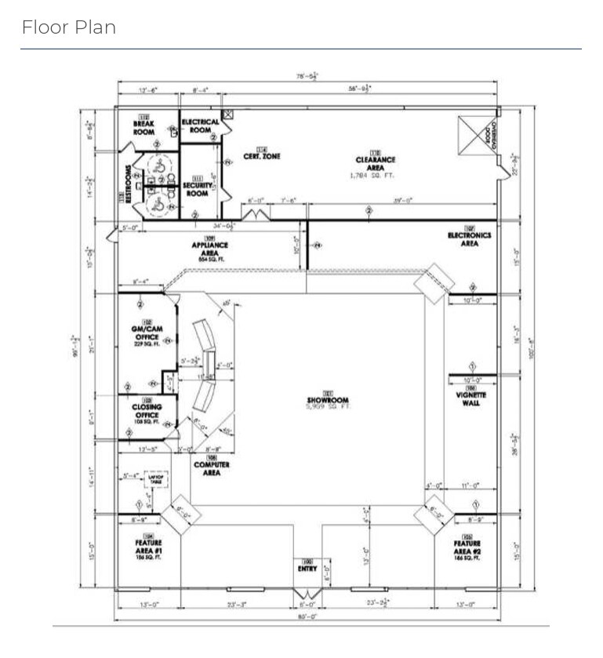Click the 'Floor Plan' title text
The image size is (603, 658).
[69, 27]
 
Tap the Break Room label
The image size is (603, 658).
[143, 127]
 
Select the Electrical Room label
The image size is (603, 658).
[200, 125]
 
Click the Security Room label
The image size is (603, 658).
[198, 188]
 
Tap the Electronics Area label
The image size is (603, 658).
[469, 238]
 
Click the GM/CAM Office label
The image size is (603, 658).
[147, 333]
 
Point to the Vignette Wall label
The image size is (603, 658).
[471, 394]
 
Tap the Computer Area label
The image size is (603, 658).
[212, 467]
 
